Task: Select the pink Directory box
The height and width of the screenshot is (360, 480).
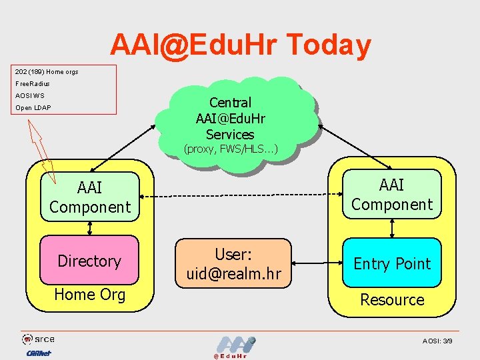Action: (89, 261)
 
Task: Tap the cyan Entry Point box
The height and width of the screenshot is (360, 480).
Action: (392, 263)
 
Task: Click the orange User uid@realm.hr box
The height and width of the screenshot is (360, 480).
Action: (233, 263)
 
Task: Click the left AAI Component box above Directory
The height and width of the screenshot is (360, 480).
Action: (90, 197)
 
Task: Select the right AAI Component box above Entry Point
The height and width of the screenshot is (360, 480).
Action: (392, 195)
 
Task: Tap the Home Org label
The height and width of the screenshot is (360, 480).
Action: (89, 294)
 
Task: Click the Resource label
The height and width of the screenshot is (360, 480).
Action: (392, 299)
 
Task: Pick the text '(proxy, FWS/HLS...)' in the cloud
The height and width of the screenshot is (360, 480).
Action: (231, 149)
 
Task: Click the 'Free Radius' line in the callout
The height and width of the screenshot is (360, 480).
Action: (33, 83)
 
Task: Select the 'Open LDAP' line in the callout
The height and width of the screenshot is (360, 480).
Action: (33, 107)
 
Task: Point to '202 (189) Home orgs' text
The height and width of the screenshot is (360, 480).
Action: (47, 71)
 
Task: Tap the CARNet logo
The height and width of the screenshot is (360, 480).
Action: (39, 353)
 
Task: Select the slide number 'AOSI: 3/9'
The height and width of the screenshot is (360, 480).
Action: (437, 341)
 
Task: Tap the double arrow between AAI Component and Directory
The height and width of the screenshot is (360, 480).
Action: (89, 227)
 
